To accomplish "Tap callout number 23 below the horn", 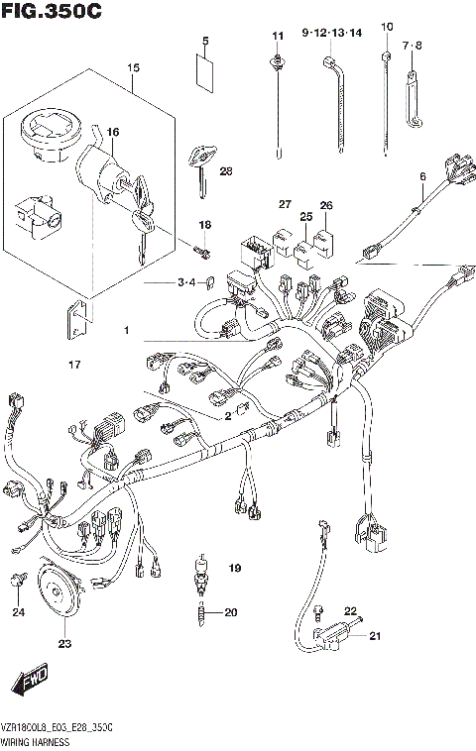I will tap(64, 645).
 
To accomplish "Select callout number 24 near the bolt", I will tap(18, 612).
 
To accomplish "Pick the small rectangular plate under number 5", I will tap(205, 72).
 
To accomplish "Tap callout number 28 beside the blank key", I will tap(226, 171).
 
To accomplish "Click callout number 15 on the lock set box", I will tap(133, 68).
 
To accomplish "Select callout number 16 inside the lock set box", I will tap(114, 132).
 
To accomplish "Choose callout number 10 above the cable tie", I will tap(387, 26).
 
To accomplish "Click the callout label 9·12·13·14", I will tap(332, 33).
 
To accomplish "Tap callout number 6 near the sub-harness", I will tap(421, 177).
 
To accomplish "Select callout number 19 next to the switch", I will tap(234, 568).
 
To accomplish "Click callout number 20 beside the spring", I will tap(230, 612).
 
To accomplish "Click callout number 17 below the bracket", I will tap(73, 366).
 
